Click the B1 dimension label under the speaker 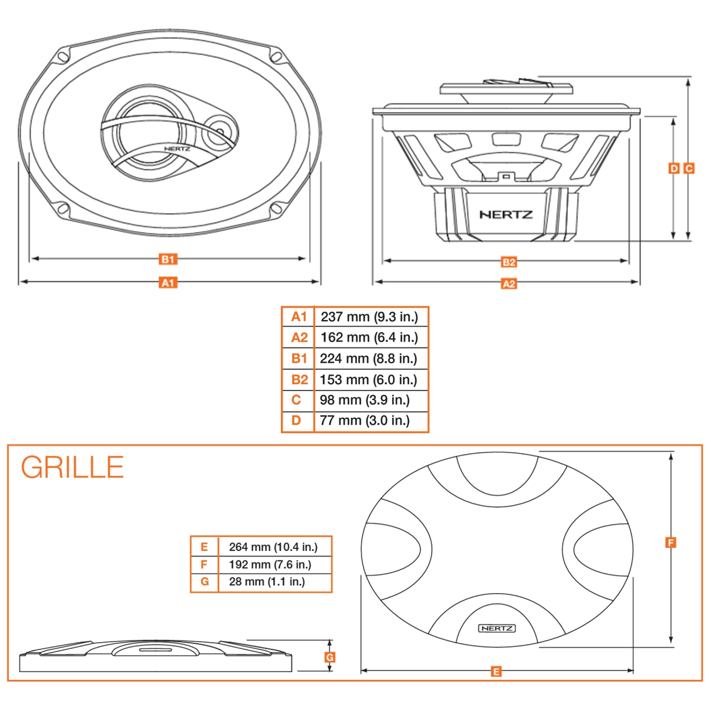click(x=168, y=259)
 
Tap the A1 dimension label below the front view click(x=168, y=283)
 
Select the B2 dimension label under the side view click(x=508, y=262)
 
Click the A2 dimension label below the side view click(x=508, y=284)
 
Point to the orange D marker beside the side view click(x=674, y=168)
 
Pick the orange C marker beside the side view click(x=689, y=168)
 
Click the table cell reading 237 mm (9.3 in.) click(x=369, y=317)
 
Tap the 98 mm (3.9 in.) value click(x=364, y=400)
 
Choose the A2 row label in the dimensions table click(x=299, y=338)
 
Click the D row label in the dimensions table click(x=296, y=420)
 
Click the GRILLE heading click(x=72, y=467)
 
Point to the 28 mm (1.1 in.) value click(x=267, y=582)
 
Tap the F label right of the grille click(x=670, y=543)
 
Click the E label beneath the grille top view click(x=496, y=672)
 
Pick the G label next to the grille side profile click(x=329, y=657)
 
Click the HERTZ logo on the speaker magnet click(x=505, y=214)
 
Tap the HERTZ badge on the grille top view click(x=497, y=628)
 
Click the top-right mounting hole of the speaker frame click(x=276, y=56)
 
